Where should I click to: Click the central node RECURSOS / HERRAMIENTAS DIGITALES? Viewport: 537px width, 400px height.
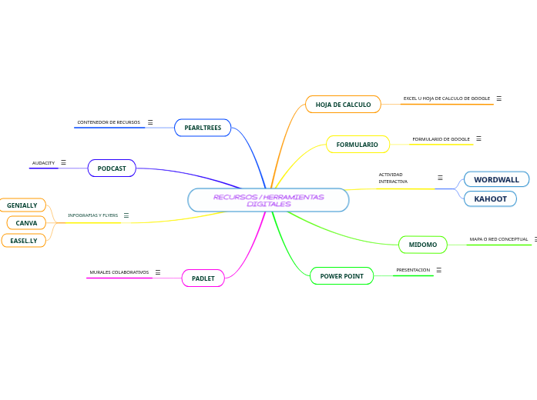[268, 200]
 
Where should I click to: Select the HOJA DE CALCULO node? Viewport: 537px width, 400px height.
[343, 104]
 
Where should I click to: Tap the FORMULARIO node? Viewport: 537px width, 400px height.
[357, 145]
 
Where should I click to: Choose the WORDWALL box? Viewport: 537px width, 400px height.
[496, 179]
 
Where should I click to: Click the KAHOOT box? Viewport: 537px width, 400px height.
[490, 199]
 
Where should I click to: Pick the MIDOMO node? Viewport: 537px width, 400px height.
[422, 245]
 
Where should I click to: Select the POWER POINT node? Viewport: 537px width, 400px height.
[341, 275]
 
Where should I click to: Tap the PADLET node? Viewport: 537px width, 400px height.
[203, 278]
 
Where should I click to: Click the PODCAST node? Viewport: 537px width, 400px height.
[112, 168]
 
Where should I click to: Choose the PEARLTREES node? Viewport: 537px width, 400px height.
[203, 128]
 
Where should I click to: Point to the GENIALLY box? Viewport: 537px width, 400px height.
[22, 205]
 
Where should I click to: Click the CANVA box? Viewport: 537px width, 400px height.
[26, 223]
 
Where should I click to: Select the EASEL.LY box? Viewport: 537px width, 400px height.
[23, 241]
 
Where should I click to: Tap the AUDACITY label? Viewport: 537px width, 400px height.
[43, 163]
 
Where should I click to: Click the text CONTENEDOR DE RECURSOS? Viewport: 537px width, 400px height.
[109, 122]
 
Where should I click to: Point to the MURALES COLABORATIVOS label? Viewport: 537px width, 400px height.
[119, 272]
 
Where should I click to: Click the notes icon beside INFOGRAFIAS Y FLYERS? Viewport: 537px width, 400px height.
[126, 215]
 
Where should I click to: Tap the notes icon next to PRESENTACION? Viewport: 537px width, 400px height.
[438, 270]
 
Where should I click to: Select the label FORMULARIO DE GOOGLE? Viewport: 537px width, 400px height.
[441, 139]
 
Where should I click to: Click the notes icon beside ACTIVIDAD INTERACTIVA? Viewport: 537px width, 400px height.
[440, 178]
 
